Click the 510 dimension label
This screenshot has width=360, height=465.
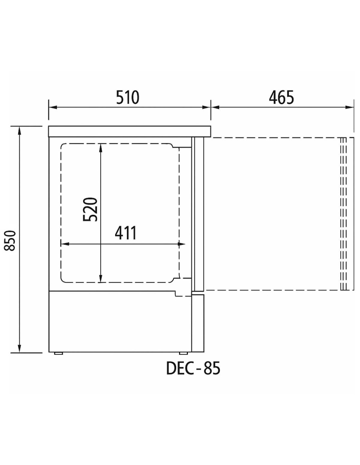point(128,97)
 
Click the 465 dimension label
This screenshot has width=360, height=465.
point(281,97)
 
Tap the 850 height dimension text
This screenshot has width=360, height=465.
point(10,241)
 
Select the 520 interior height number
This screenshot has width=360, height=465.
point(90,210)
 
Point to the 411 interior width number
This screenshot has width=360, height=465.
point(126,233)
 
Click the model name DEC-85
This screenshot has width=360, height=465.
point(193,380)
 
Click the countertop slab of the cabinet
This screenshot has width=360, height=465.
point(130,131)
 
